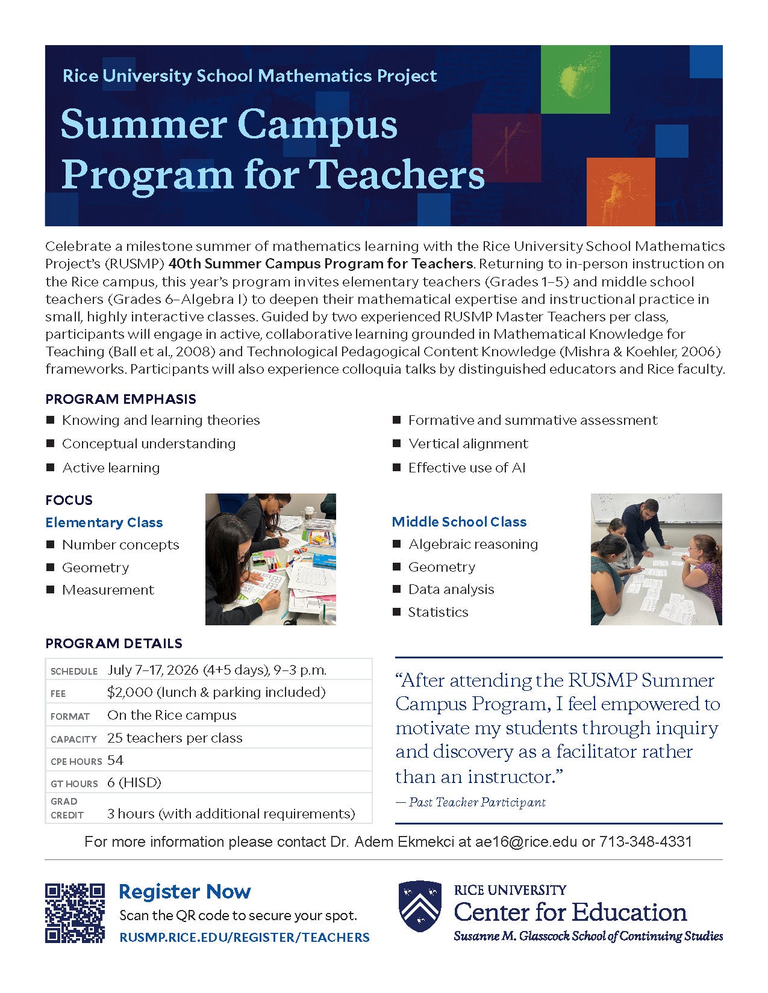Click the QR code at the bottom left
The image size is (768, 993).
(x=75, y=912)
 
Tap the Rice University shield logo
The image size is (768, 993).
(x=420, y=906)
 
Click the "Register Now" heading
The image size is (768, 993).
(x=185, y=891)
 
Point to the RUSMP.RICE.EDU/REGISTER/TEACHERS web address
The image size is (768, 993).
(x=245, y=937)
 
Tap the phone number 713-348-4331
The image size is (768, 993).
(x=645, y=841)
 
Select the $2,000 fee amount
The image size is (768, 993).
(x=130, y=692)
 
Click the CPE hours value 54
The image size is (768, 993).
(x=115, y=760)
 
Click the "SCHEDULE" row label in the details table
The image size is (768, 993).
(x=74, y=671)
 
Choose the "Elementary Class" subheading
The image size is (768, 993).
(x=104, y=522)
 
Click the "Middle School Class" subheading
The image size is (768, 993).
(x=459, y=522)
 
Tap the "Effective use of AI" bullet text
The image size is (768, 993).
(x=467, y=468)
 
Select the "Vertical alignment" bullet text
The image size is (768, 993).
(x=468, y=444)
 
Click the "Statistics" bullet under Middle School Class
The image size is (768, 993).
(x=438, y=612)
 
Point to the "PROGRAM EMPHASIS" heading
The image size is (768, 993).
(x=120, y=399)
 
